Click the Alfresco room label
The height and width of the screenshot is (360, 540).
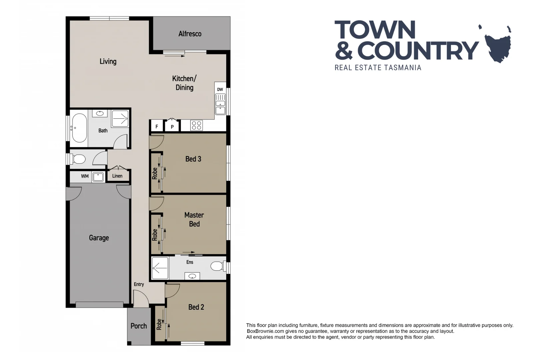coord(190,34)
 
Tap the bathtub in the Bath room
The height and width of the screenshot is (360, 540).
coord(79,128)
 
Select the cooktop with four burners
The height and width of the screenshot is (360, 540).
coord(196,126)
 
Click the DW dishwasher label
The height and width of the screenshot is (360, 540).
coord(220,89)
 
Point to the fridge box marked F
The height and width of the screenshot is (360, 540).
coord(157,126)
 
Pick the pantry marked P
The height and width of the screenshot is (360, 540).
coord(172,127)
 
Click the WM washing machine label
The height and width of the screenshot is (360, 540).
coord(85,176)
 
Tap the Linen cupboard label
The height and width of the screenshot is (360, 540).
coord(117,176)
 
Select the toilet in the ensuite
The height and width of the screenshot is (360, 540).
coord(217,266)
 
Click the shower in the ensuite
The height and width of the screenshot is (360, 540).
coord(160,268)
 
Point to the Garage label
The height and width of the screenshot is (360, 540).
coord(99,238)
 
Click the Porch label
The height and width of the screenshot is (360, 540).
coord(139,326)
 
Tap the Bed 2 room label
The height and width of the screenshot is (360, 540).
coord(196,307)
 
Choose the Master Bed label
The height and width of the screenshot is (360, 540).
coord(194,219)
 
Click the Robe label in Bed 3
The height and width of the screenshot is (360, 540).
coord(155,173)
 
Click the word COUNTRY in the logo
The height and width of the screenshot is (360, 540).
coord(418,51)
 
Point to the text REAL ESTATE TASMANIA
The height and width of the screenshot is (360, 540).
coord(378,68)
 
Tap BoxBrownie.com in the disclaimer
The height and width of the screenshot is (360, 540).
coord(265,331)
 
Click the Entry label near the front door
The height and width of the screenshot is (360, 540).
coord(139,284)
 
